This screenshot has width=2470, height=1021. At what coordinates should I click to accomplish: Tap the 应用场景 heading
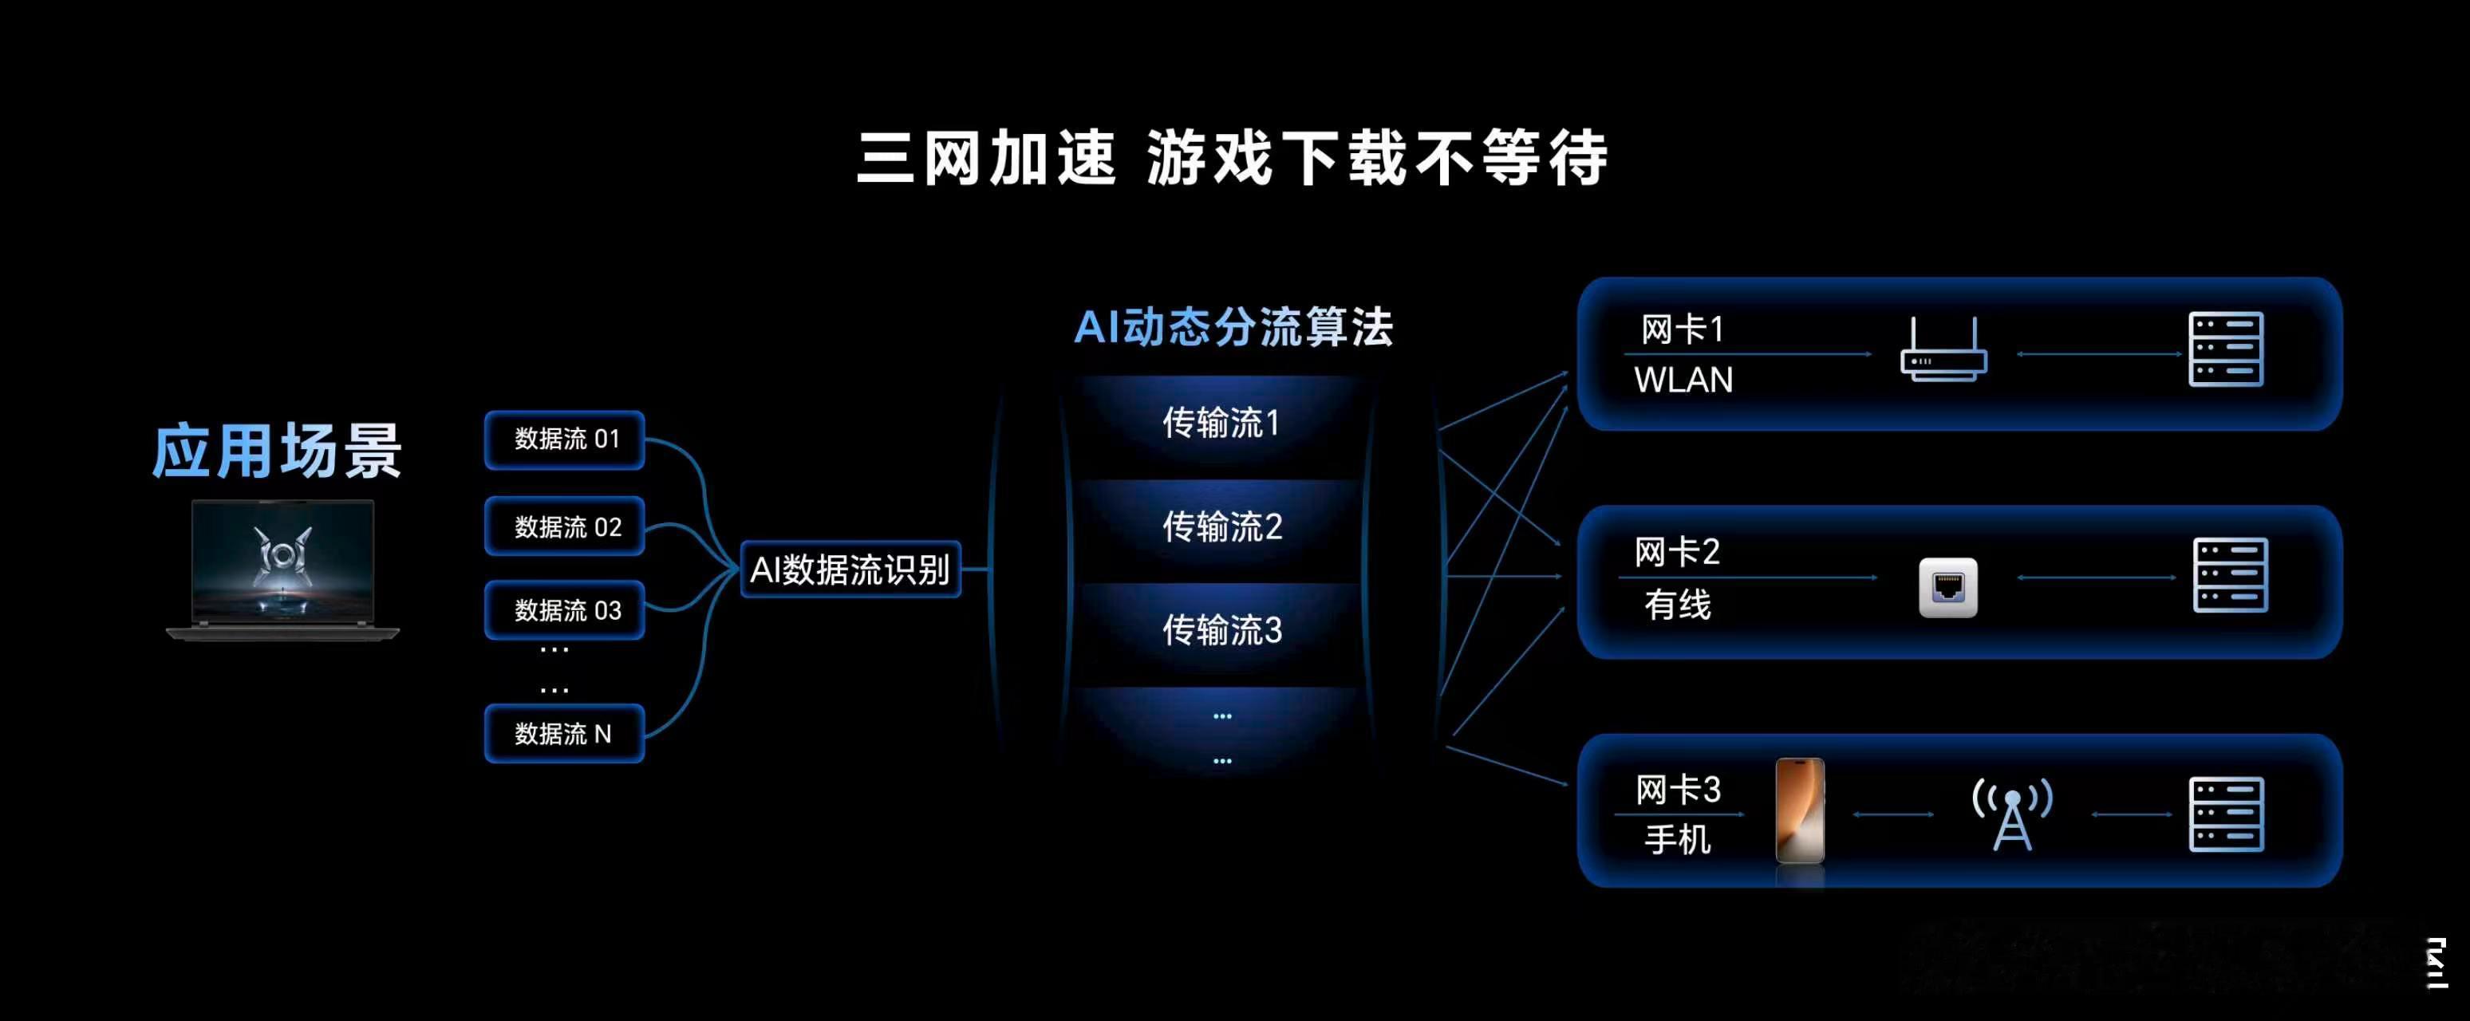point(277,451)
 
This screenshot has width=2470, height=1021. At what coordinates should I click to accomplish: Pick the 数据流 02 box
point(565,526)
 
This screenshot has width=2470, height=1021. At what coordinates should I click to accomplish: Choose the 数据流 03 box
point(565,609)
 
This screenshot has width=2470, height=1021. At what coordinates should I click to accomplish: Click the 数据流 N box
point(565,733)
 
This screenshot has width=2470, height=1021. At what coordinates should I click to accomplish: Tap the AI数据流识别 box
point(850,570)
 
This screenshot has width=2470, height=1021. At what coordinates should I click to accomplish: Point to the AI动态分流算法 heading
point(1233,328)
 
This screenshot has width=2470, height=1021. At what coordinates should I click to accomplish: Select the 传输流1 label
point(1221,423)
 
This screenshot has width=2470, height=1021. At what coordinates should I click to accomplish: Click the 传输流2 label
point(1221,526)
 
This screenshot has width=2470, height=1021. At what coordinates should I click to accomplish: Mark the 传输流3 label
point(1221,630)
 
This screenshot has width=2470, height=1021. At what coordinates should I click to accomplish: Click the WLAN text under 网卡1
point(1683,380)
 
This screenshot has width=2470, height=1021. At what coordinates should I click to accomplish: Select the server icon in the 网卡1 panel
point(2226,349)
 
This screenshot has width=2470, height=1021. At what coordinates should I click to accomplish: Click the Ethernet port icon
point(1947,587)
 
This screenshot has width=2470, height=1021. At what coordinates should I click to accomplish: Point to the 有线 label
point(1677,605)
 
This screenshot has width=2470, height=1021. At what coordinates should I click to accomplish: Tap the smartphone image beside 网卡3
point(1800,811)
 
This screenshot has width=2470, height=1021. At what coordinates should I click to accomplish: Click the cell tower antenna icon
point(2012,813)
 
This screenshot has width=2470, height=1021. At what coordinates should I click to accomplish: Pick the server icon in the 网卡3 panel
point(2226,814)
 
